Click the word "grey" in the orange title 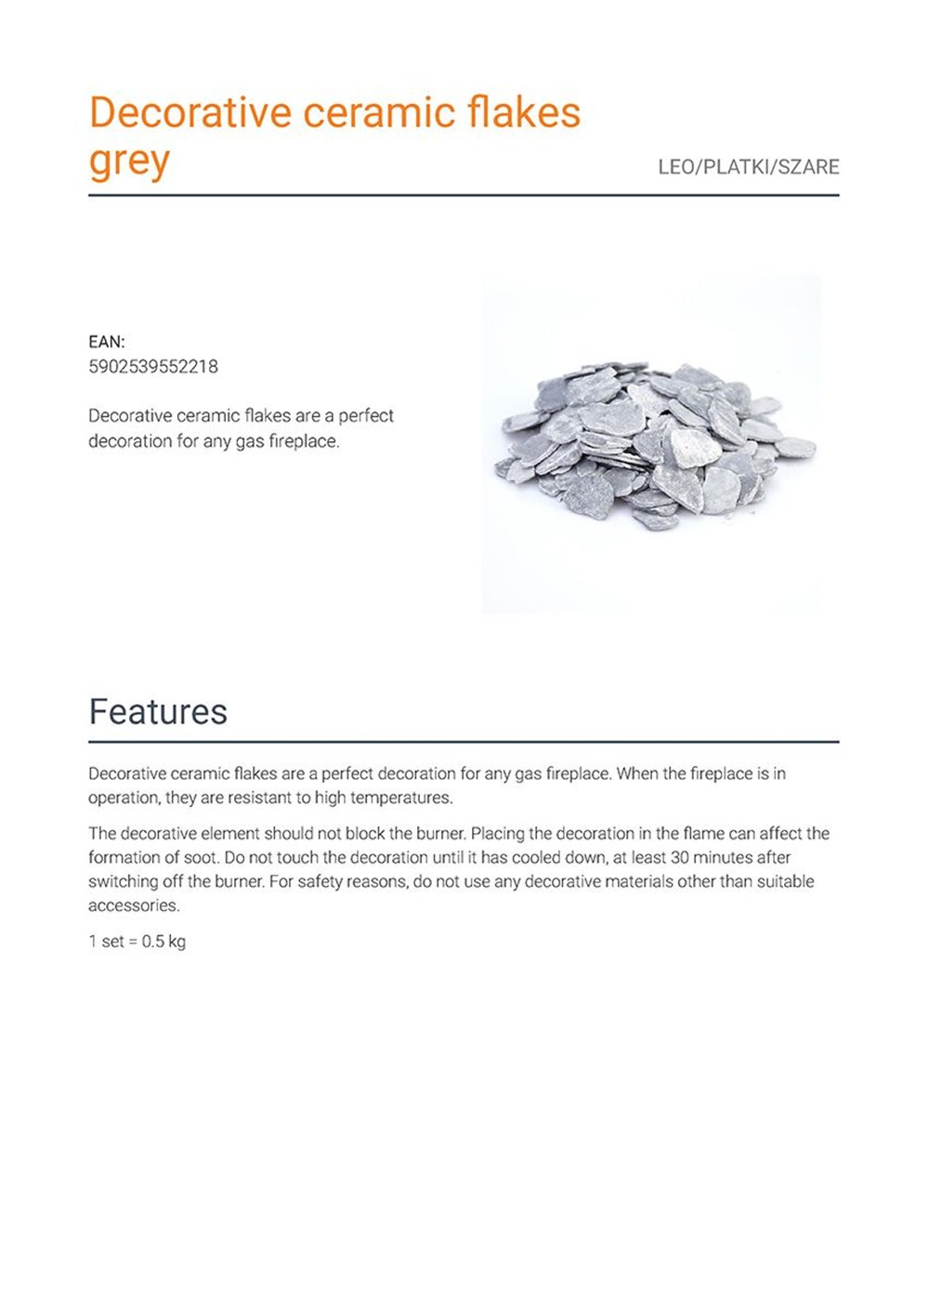click(x=129, y=162)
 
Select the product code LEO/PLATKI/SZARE click(x=748, y=167)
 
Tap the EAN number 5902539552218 click(x=153, y=367)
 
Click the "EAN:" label click(x=107, y=342)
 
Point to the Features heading click(x=158, y=712)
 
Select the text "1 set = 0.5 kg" click(x=137, y=942)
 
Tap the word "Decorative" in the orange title click(x=190, y=112)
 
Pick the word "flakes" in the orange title click(x=524, y=112)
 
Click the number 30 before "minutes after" click(x=679, y=857)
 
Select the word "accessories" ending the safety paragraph click(x=133, y=905)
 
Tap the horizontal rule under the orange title click(x=464, y=196)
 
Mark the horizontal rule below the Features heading click(x=464, y=742)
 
